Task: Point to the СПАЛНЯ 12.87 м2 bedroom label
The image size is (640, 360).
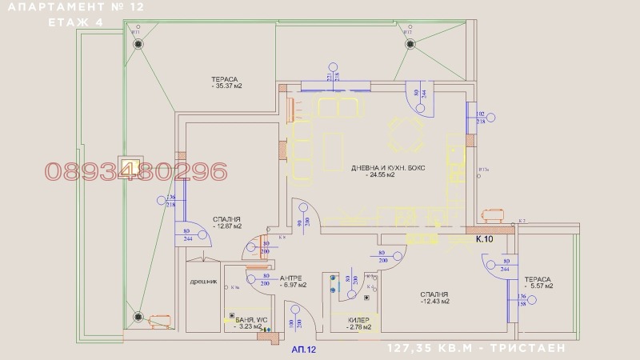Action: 226,223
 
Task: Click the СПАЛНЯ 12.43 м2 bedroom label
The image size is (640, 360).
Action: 434,298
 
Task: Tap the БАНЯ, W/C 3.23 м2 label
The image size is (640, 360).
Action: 245,322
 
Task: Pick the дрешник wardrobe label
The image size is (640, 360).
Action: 202,282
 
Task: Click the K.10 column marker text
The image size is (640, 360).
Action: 485,238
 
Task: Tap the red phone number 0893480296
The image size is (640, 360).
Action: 136,171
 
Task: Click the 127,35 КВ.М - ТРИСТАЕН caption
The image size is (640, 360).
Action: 477,349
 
